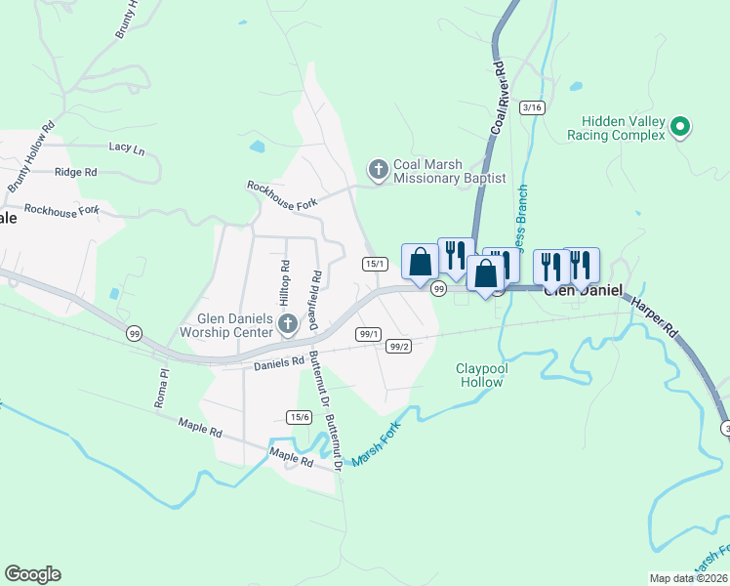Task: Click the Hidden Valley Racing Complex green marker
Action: (681, 126)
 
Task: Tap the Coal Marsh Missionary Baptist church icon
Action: (378, 171)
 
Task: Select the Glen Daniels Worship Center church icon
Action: (287, 323)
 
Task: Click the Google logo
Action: (32, 574)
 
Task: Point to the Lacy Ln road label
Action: (127, 149)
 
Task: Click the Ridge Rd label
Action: (76, 172)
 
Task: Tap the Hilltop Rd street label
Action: (285, 278)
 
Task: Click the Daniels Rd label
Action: (279, 363)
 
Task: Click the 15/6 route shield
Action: (299, 417)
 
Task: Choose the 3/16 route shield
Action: (532, 107)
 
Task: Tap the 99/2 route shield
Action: (398, 346)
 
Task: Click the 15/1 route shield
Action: (375, 264)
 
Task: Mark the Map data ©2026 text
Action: (688, 578)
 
